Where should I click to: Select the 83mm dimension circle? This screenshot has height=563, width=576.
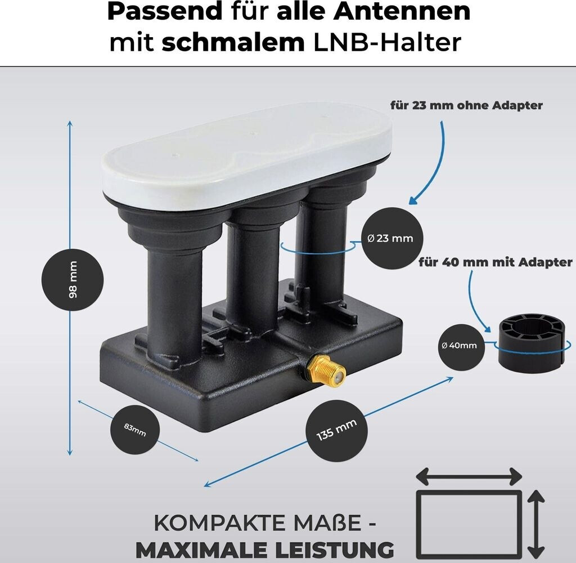coord(135,431)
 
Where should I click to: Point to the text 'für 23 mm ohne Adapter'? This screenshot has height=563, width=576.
coord(466,105)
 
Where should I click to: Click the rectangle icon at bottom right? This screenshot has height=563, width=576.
coord(469,521)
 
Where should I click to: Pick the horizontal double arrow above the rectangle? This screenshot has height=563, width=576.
coord(469,477)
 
